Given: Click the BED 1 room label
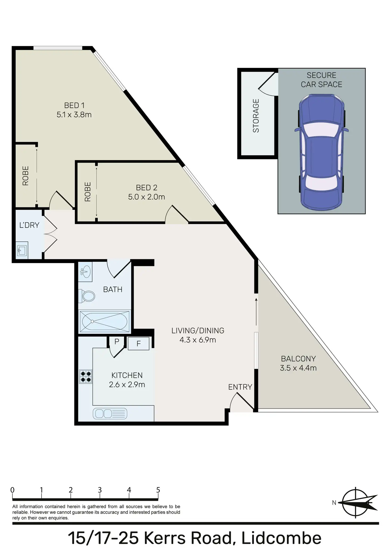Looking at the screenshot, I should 74,105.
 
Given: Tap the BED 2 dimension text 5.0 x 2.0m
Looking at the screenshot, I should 146,197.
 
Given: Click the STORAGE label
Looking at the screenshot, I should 256,116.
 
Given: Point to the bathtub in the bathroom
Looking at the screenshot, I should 104,321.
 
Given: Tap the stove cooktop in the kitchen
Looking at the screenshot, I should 86,376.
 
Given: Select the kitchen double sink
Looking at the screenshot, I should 110,414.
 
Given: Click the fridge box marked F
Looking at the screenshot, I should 138,344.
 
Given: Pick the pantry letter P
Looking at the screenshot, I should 117,342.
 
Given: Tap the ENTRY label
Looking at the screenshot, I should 240,387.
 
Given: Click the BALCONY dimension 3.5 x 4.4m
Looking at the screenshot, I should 298,368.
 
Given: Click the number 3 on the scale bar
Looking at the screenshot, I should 100,490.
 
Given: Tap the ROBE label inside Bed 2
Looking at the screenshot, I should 88,192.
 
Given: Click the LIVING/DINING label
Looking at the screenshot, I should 198,331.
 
